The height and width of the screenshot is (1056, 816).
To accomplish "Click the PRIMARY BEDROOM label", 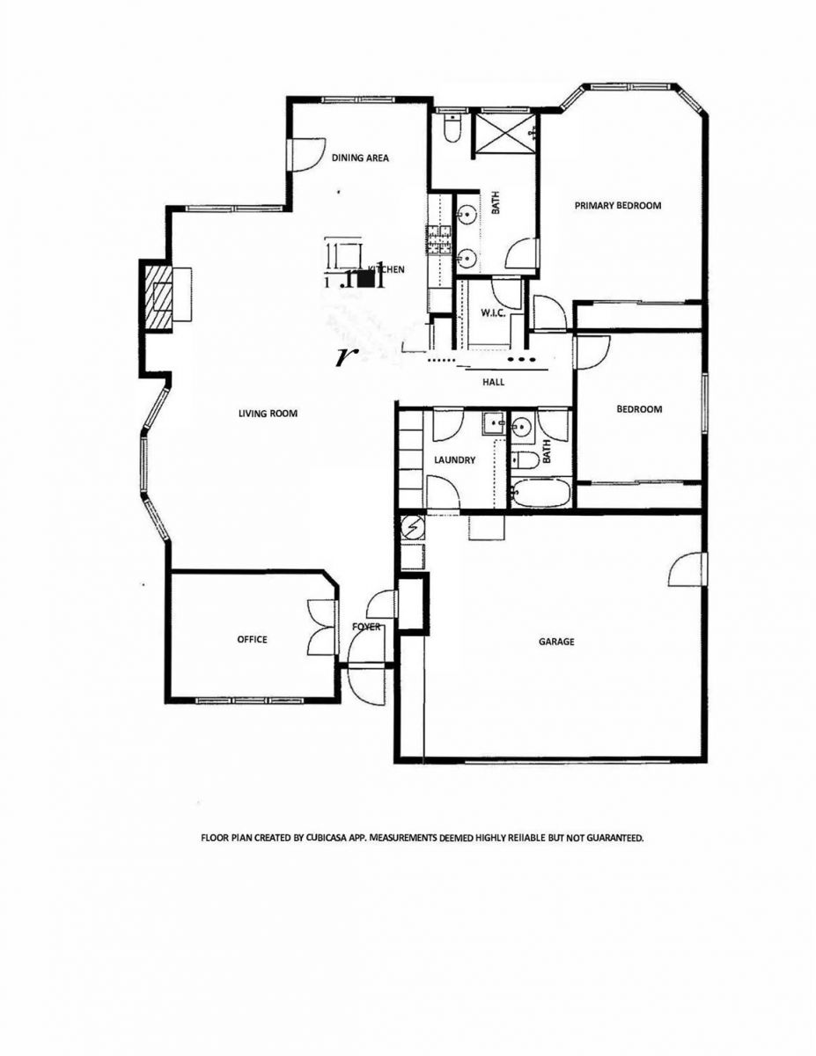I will (x=617, y=205).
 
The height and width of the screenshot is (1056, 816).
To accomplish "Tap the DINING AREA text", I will (x=360, y=158).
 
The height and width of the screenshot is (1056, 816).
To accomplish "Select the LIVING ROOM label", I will (x=268, y=413).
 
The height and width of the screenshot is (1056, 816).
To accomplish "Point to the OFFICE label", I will (x=252, y=640).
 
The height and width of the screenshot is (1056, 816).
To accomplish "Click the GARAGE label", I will (x=556, y=642).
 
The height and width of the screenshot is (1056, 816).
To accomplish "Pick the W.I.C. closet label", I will (x=492, y=314).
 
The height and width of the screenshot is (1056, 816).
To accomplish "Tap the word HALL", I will (x=493, y=382).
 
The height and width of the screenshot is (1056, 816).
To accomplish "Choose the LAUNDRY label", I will (x=455, y=460).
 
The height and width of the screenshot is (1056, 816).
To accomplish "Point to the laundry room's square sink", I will (x=492, y=424).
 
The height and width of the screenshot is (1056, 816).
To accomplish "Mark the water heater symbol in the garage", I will (x=412, y=528).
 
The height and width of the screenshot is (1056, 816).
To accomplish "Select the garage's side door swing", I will (x=687, y=569).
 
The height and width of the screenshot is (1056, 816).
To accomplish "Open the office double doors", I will (x=318, y=627).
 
